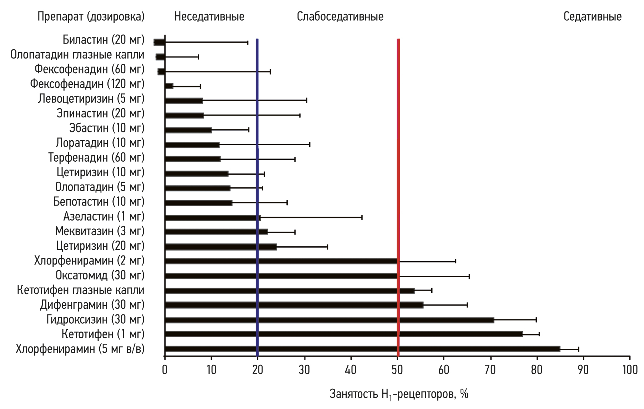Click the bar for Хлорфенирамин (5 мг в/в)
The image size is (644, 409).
(362, 349)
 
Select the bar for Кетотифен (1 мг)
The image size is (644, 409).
(343, 334)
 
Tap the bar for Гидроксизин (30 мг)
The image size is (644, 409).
(329, 320)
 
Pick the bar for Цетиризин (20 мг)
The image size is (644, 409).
(221, 247)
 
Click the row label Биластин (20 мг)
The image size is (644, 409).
(104, 40)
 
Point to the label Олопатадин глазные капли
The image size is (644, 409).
(77, 55)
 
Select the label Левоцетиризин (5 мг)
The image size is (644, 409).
(91, 99)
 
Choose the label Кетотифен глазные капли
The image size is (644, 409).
(81, 290)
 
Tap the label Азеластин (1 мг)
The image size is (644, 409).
(104, 216)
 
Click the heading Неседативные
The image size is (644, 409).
(209, 16)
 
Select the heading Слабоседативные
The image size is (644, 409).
(340, 16)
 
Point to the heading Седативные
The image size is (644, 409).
(592, 16)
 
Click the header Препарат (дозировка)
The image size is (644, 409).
(91, 16)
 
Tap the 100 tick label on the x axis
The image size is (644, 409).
(630, 370)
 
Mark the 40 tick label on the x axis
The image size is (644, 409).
(351, 370)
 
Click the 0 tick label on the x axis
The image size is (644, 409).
(165, 370)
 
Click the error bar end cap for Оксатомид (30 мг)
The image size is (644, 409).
(469, 276)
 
